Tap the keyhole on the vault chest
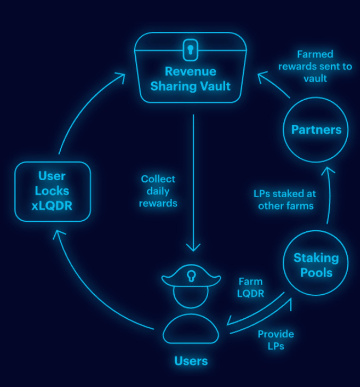pyautogui.click(x=190, y=50)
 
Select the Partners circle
pyautogui.click(x=316, y=130)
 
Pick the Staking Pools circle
pyautogui.click(x=316, y=265)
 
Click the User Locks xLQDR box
pyautogui.click(x=52, y=191)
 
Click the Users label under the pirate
pyautogui.click(x=191, y=361)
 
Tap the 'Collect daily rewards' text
pyautogui.click(x=158, y=191)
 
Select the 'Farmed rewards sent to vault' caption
pyautogui.click(x=315, y=66)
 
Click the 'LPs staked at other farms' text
pyautogui.click(x=284, y=199)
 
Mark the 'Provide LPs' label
pyautogui.click(x=276, y=340)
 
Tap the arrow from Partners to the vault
pyautogui.click(x=274, y=85)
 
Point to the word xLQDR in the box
pyautogui.click(x=52, y=206)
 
